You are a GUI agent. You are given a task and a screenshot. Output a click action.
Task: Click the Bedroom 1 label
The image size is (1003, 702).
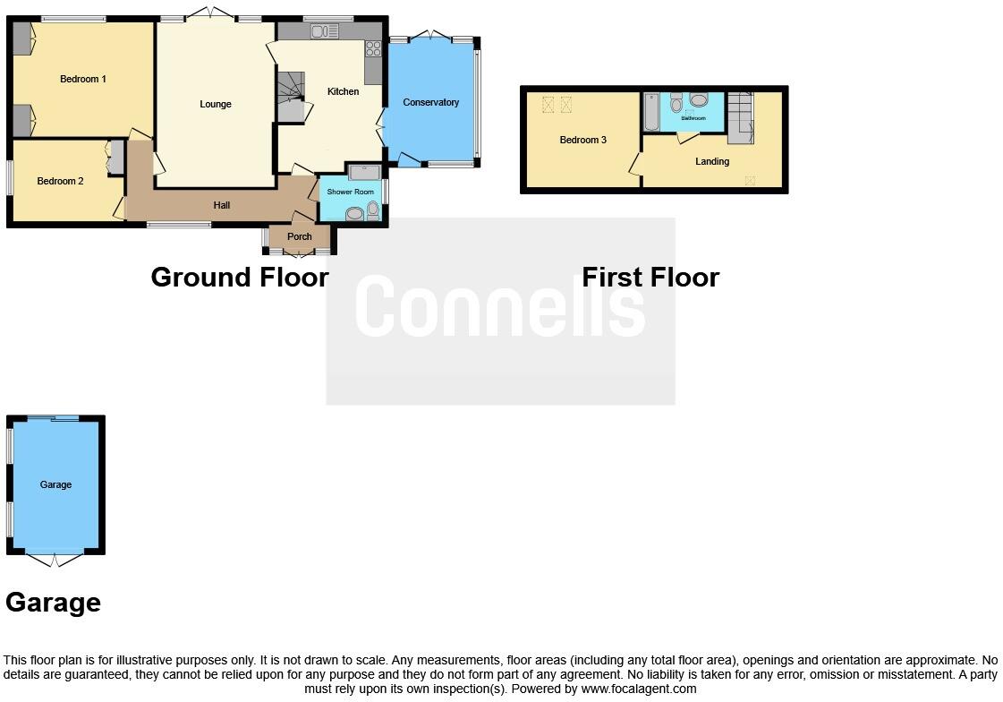[x=83, y=80]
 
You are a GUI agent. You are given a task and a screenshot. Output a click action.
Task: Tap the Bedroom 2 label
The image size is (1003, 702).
[x=60, y=181]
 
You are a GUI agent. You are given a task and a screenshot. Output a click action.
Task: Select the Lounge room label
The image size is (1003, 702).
[x=216, y=105]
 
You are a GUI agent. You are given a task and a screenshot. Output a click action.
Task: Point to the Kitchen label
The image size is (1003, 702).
[x=343, y=91]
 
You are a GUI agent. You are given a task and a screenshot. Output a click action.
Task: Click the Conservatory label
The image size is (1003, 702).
[x=430, y=102]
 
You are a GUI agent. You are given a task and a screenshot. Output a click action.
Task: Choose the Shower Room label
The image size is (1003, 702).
[x=350, y=192]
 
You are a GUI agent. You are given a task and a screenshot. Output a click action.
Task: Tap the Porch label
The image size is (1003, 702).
[x=299, y=236]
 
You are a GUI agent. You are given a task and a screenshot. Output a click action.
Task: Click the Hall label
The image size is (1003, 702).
[x=222, y=206]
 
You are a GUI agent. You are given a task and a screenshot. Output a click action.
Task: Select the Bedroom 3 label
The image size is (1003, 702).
[x=583, y=141]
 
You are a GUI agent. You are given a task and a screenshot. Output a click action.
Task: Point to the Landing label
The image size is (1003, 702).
[x=712, y=162]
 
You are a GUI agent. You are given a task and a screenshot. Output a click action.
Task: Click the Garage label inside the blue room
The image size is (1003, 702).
[x=55, y=484]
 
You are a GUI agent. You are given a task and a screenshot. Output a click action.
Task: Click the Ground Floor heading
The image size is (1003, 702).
[x=240, y=277]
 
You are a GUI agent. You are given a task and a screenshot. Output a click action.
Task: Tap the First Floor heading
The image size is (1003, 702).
[x=650, y=277]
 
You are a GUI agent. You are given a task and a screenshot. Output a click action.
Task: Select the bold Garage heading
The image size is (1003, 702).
[x=53, y=603]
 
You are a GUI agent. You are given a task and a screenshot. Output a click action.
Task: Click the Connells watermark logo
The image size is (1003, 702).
[x=499, y=306]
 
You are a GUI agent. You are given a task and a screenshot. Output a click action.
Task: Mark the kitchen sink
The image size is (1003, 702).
[x=325, y=31]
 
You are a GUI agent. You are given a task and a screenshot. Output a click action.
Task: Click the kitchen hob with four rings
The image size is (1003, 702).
[x=373, y=48]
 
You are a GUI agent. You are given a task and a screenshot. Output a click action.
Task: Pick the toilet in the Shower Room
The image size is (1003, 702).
[x=373, y=210]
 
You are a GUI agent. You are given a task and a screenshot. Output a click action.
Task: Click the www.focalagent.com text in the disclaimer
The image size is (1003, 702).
[x=639, y=689]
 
